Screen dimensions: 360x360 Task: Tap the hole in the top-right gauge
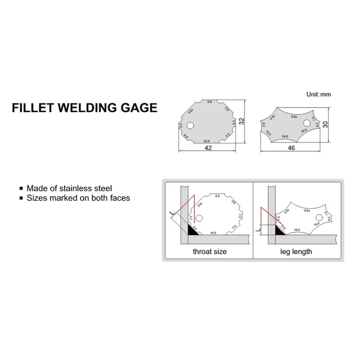tap(307, 122)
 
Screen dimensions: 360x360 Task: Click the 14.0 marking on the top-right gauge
tap(284, 136)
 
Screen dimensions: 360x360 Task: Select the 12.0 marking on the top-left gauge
tap(207, 140)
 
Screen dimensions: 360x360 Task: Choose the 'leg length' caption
tap(296, 252)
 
